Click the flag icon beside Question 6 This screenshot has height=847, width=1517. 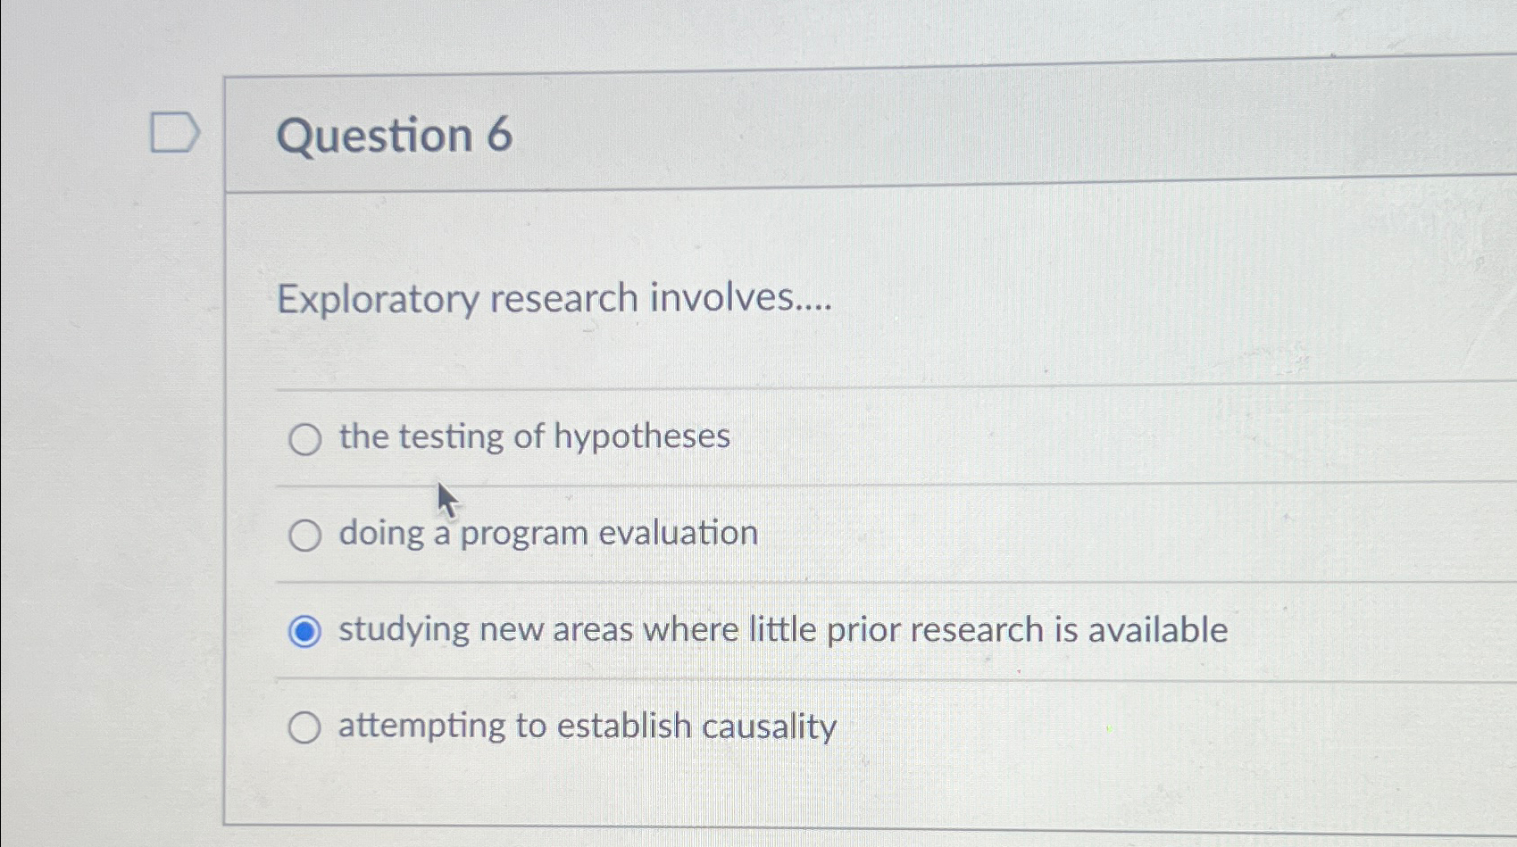174,133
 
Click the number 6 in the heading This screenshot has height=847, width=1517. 500,135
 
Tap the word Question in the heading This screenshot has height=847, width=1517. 375,137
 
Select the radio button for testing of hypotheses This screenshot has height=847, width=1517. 304,439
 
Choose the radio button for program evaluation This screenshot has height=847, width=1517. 304,536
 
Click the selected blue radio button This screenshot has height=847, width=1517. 304,632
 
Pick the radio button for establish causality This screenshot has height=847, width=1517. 304,728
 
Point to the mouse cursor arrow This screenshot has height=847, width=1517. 446,500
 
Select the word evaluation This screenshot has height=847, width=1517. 678,533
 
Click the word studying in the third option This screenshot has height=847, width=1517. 404,631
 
